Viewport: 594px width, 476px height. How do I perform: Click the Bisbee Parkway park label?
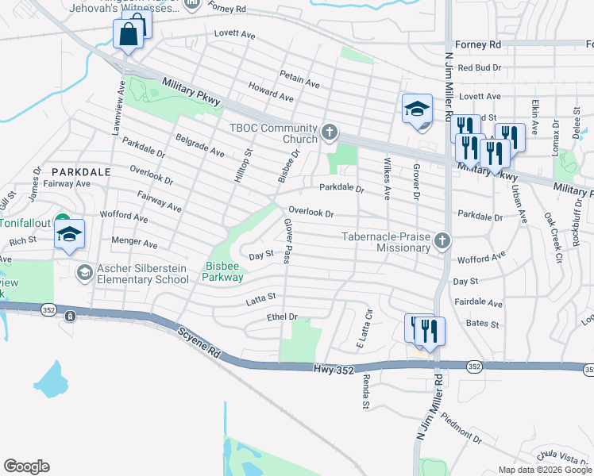(x=222, y=271)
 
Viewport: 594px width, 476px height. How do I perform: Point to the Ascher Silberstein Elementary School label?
(x=144, y=274)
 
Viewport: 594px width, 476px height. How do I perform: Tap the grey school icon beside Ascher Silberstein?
(x=83, y=274)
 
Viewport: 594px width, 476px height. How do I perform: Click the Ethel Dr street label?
(x=282, y=317)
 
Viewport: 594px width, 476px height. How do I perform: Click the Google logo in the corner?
(x=26, y=466)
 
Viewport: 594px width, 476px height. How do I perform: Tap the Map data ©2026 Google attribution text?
(x=545, y=470)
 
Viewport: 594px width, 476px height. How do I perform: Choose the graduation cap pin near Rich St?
(x=70, y=234)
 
